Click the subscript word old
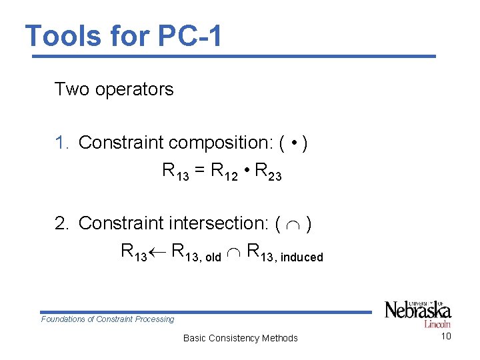click(x=212, y=257)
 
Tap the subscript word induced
click(x=301, y=257)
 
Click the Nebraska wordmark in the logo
click(x=418, y=311)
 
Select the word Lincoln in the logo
click(x=437, y=325)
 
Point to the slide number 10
click(x=446, y=336)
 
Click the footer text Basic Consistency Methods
click(x=240, y=338)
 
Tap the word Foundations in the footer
click(x=63, y=319)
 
